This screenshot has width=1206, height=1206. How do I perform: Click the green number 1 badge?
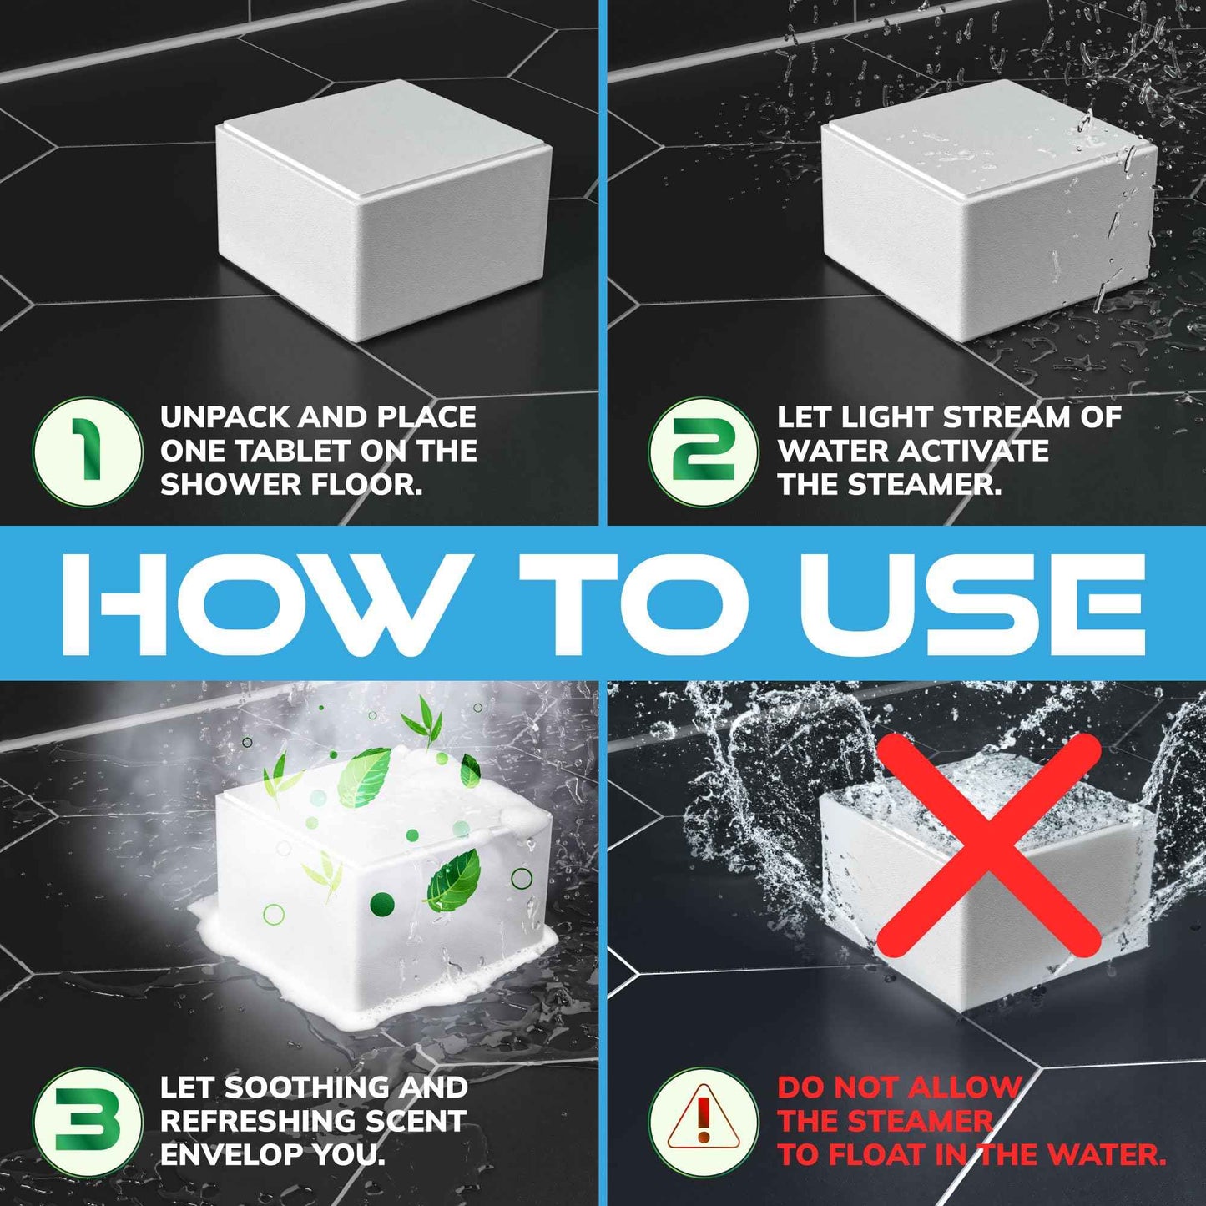pyautogui.click(x=88, y=452)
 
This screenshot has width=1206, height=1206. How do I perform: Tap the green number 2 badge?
pyautogui.click(x=704, y=452)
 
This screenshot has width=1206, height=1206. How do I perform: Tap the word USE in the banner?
pyautogui.click(x=972, y=604)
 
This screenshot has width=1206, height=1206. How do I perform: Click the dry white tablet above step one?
pyautogui.click(x=384, y=210)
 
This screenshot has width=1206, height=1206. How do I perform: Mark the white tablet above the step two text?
pyautogui.click(x=989, y=210)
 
